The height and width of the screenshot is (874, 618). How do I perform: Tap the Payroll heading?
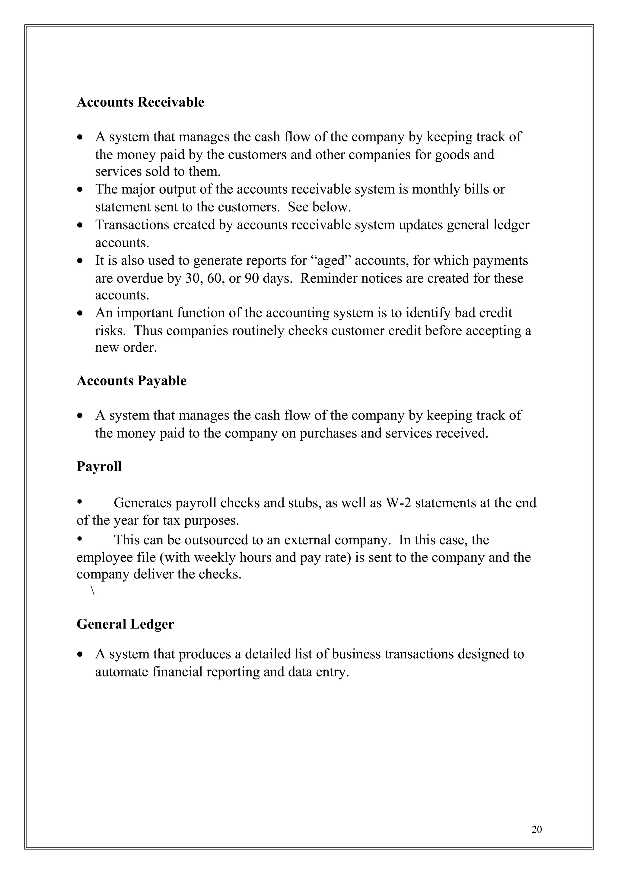[99, 466]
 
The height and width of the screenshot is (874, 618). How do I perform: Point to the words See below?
[319, 207]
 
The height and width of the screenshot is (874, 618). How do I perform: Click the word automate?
[122, 672]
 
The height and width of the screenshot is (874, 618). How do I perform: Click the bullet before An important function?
[80, 313]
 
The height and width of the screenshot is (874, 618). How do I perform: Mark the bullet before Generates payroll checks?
[80, 502]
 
